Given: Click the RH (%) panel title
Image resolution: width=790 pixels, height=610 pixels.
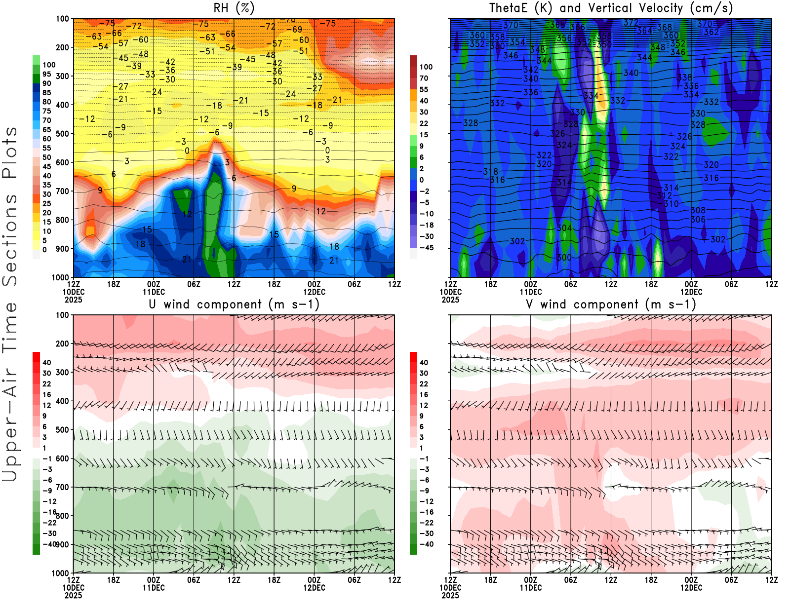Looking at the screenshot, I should [234, 8].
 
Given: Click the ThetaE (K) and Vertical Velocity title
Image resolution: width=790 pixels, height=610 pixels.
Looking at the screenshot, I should [611, 8].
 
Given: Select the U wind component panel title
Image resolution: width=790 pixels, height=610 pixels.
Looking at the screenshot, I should [234, 304].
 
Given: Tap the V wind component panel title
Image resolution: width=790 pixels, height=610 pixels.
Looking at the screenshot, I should [611, 304].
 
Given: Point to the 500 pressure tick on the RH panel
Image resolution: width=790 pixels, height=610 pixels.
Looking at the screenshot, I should [62, 134].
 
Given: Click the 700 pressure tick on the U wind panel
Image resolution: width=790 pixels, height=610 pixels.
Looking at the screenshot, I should [62, 488].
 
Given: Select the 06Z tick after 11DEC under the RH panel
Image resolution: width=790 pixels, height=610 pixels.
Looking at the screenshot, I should [194, 284].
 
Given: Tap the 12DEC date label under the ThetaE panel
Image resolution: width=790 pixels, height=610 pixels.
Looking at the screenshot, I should [691, 292].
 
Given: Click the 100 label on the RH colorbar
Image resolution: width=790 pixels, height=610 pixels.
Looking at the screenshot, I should [49, 65].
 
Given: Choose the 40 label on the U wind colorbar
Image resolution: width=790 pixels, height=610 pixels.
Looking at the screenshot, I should [47, 362].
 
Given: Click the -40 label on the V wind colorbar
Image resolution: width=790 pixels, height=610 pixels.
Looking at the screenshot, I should [427, 544].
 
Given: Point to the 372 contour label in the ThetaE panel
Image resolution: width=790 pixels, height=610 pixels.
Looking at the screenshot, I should [631, 22].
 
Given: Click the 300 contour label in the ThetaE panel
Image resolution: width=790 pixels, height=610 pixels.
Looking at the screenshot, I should [564, 258].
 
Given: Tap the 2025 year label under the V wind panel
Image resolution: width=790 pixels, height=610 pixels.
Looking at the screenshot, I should [450, 595].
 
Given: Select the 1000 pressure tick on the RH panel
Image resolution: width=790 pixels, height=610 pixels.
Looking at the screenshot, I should [60, 277].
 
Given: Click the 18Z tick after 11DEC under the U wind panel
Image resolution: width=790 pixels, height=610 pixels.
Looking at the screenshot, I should [274, 580].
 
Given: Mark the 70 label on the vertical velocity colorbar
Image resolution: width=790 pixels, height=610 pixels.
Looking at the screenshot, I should [424, 78].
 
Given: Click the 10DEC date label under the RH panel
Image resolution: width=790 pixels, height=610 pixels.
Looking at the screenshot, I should [73, 292].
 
